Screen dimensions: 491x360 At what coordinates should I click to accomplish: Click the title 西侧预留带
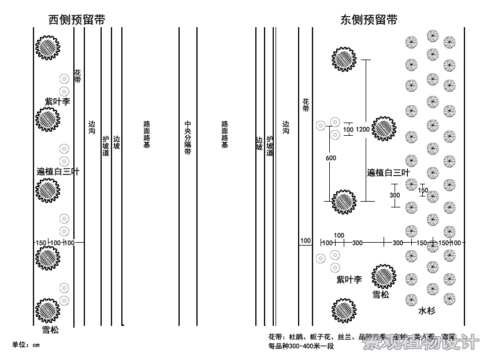pos(77,19)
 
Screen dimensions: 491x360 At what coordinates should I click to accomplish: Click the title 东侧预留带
pos(369,19)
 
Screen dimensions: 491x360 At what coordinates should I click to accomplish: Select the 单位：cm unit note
pos(26,345)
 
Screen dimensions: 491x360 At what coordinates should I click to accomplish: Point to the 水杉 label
pos(427,311)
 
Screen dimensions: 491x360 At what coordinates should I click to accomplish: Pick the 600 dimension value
pos(330,158)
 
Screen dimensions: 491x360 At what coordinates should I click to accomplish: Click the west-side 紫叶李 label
pos(57,101)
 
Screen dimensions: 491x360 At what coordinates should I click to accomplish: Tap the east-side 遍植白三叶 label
pos(388,172)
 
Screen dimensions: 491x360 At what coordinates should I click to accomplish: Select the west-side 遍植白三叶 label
pos(58,172)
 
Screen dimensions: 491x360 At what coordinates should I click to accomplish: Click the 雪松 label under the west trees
pos(50,330)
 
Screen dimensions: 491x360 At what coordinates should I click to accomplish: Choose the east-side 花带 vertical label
pos(306,105)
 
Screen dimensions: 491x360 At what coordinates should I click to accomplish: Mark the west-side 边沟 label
pos(92,128)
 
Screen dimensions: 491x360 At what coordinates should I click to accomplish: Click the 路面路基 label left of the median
pos(147,134)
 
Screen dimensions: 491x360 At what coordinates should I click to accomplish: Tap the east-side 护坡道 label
pos(270,147)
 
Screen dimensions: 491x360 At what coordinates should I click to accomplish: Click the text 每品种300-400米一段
pos(301,347)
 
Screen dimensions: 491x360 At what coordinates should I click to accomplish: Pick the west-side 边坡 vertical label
pos(116,143)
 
